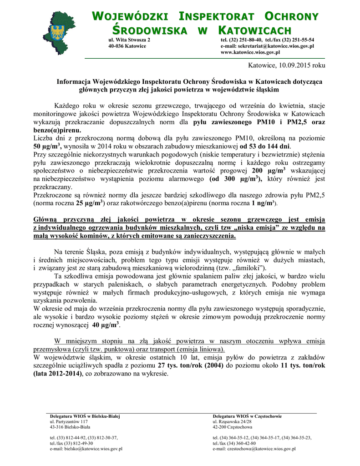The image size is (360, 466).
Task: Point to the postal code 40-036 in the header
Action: coord(116,46)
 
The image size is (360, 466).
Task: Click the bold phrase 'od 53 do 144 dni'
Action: coord(264,147)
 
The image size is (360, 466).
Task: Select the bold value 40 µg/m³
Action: coord(105,325)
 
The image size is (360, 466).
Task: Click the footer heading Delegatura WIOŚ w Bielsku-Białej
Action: coord(85,416)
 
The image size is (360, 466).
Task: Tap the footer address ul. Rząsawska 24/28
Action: coord(232,422)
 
